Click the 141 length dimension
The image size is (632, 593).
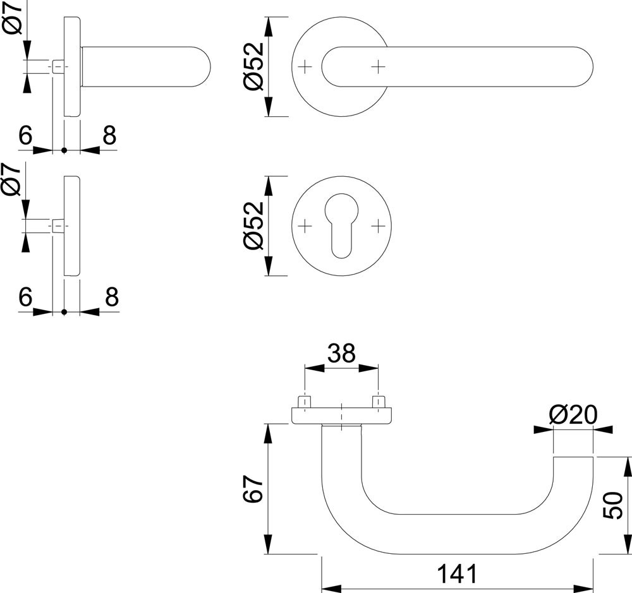pyautogui.click(x=457, y=573)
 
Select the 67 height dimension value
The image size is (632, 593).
pyautogui.click(x=253, y=488)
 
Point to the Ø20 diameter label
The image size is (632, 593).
pyautogui.click(x=573, y=414)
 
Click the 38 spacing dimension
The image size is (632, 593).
pyautogui.click(x=341, y=353)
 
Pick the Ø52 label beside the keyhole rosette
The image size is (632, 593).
pyautogui.click(x=253, y=225)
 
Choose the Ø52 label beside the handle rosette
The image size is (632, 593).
pyautogui.click(x=253, y=66)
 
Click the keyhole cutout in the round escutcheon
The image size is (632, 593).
pyautogui.click(x=341, y=225)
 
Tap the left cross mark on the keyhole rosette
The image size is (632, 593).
pyautogui.click(x=305, y=226)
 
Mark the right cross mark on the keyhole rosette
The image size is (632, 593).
pyautogui.click(x=378, y=226)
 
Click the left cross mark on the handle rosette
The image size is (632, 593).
pyautogui.click(x=305, y=66)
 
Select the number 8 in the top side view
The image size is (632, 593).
pyautogui.click(x=109, y=135)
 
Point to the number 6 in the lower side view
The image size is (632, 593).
pyautogui.click(x=25, y=297)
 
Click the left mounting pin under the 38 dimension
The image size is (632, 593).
pyautogui.click(x=305, y=402)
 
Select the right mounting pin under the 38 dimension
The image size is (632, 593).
pyautogui.click(x=379, y=402)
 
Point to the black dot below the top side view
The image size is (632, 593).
pyautogui.click(x=64, y=150)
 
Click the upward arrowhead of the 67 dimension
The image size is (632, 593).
pyautogui.click(x=269, y=433)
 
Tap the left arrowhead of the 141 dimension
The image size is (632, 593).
pyautogui.click(x=332, y=588)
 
